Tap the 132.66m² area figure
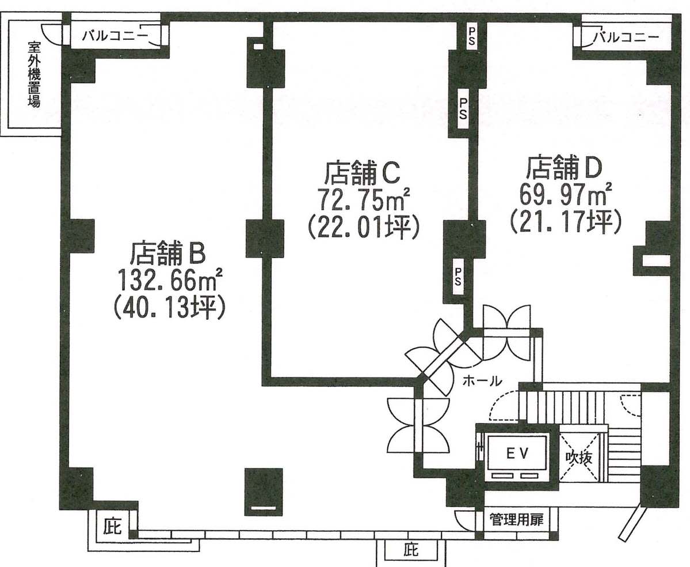click(x=169, y=280)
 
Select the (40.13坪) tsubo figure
click(x=169, y=307)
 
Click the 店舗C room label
click(x=362, y=173)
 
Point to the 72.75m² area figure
click(x=364, y=199)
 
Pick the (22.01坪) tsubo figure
click(x=363, y=226)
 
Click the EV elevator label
click(x=517, y=453)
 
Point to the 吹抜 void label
click(x=579, y=458)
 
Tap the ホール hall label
click(x=482, y=381)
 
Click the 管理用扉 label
click(x=517, y=520)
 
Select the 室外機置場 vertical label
click(x=34, y=74)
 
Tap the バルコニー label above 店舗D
click(x=626, y=36)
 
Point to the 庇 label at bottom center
click(x=410, y=550)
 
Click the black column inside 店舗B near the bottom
click(x=264, y=492)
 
